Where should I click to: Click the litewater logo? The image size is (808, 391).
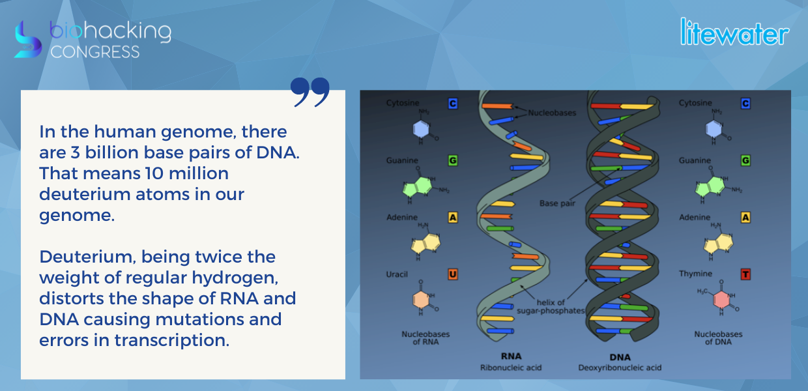click(734, 32)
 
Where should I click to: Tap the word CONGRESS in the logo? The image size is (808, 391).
click(95, 52)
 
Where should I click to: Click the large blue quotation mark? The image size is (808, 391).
click(310, 92)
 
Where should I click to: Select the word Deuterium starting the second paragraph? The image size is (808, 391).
click(87, 257)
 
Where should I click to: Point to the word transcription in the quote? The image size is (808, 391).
click(171, 340)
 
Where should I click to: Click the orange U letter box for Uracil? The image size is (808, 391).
click(453, 274)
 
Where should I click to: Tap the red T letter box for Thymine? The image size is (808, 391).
click(745, 274)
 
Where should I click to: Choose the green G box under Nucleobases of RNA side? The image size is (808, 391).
click(453, 160)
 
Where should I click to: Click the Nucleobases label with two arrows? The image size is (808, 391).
click(552, 113)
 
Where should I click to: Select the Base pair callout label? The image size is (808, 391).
click(557, 203)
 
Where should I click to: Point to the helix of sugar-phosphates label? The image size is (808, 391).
click(551, 306)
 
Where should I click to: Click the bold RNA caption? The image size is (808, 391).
click(511, 356)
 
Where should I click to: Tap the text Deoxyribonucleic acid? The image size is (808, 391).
click(620, 368)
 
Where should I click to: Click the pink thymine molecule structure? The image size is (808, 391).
click(721, 298)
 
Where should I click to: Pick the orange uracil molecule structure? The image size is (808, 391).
click(423, 298)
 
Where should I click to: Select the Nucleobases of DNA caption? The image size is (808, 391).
click(718, 338)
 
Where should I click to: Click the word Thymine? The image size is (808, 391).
click(695, 274)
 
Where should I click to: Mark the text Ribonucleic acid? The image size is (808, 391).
click(511, 368)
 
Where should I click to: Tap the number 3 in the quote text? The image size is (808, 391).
click(75, 152)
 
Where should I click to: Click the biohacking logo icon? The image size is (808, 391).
click(28, 40)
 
